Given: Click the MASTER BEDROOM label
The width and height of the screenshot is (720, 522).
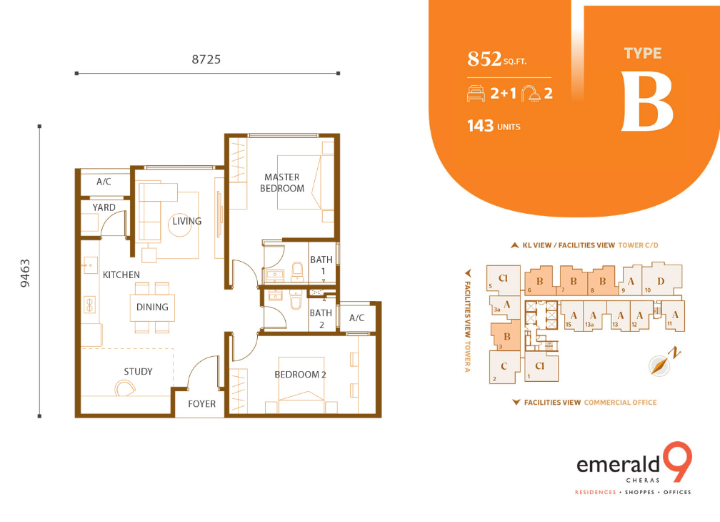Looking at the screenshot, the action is tap(282, 182).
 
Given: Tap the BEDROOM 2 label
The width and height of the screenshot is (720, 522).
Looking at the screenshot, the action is tap(300, 375).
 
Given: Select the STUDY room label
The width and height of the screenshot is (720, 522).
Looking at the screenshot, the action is tap(138, 371).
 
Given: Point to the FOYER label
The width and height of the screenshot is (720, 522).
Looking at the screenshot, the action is tap(201, 403).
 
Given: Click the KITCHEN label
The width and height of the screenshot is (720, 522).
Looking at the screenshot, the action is tap(121, 275).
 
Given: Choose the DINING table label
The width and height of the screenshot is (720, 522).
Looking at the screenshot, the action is tap(152, 307).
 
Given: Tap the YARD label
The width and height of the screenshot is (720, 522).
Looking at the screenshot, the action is tap(104, 207).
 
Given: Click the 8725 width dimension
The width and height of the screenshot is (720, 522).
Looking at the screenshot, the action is tap(206, 59).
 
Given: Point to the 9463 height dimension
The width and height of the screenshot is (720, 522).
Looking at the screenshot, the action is tap(25, 273).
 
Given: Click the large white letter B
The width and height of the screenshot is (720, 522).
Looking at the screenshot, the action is tap(647, 102).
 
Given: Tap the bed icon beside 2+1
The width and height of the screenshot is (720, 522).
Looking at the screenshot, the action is tap(476, 93).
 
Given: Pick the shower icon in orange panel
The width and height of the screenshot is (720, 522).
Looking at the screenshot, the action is tap(531, 93).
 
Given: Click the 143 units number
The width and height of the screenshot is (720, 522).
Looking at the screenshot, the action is tap(480, 126).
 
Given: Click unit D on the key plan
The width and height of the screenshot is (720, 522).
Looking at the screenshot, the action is tap(661, 281).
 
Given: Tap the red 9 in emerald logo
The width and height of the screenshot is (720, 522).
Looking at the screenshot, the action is tap(677, 461).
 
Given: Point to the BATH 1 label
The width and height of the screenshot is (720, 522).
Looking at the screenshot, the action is tap(321, 265).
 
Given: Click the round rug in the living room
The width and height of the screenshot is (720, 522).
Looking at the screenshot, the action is tap(179, 225).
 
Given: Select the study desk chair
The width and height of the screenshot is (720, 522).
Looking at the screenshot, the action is tap(124, 388).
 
